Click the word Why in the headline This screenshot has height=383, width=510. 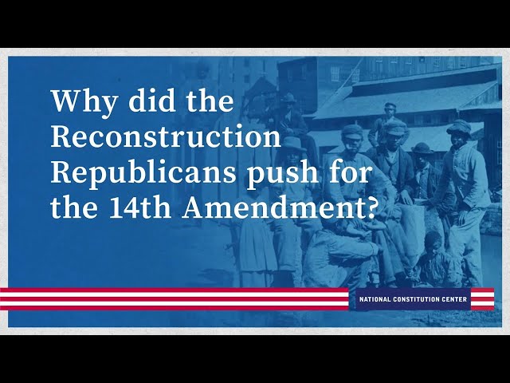coord(78,103)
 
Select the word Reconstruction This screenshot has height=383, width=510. coord(166,138)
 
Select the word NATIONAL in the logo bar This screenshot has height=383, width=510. coord(378,299)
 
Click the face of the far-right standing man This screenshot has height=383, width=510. coord(460,143)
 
